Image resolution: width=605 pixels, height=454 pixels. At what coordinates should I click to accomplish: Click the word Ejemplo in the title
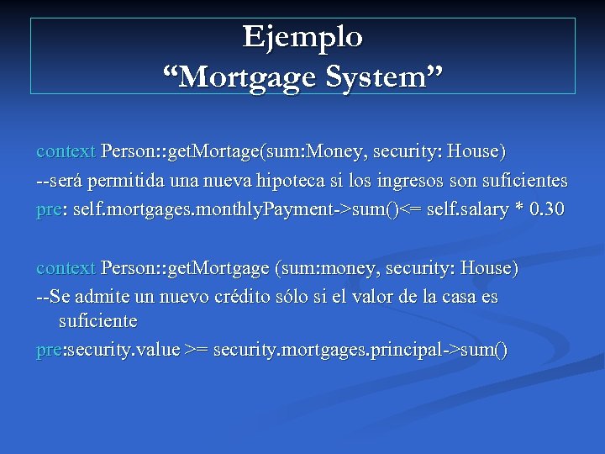(x=302, y=36)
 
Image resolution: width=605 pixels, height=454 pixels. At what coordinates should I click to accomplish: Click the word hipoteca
(x=329, y=181)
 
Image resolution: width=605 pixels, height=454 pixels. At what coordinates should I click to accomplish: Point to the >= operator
(x=197, y=350)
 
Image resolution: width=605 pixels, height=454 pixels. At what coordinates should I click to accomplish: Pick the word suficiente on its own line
(x=97, y=321)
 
